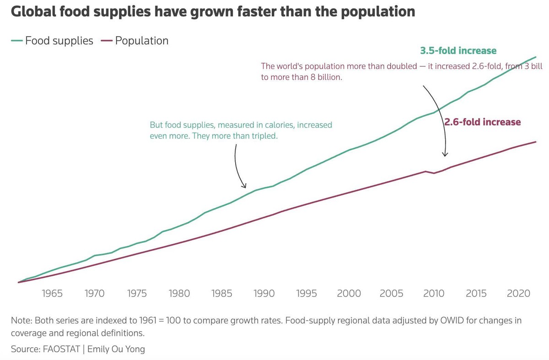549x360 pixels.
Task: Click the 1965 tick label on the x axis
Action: point(52,293)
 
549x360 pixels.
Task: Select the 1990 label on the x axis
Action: point(264,293)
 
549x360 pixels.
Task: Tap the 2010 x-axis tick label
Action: point(434,293)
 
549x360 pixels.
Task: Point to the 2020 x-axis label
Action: point(518,293)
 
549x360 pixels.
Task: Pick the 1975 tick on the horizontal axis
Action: point(137,293)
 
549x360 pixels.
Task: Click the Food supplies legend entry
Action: point(52,41)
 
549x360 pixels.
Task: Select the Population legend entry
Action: point(135,41)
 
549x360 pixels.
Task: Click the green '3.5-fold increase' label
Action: point(458,50)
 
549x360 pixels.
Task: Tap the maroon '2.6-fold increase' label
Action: point(483,122)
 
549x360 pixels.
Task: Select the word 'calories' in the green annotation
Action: point(279,125)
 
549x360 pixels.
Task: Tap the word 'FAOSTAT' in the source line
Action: point(61,349)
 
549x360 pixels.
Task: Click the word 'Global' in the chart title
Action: point(33,11)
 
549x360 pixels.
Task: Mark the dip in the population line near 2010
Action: point(434,173)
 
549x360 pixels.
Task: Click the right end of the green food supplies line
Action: point(536,57)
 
